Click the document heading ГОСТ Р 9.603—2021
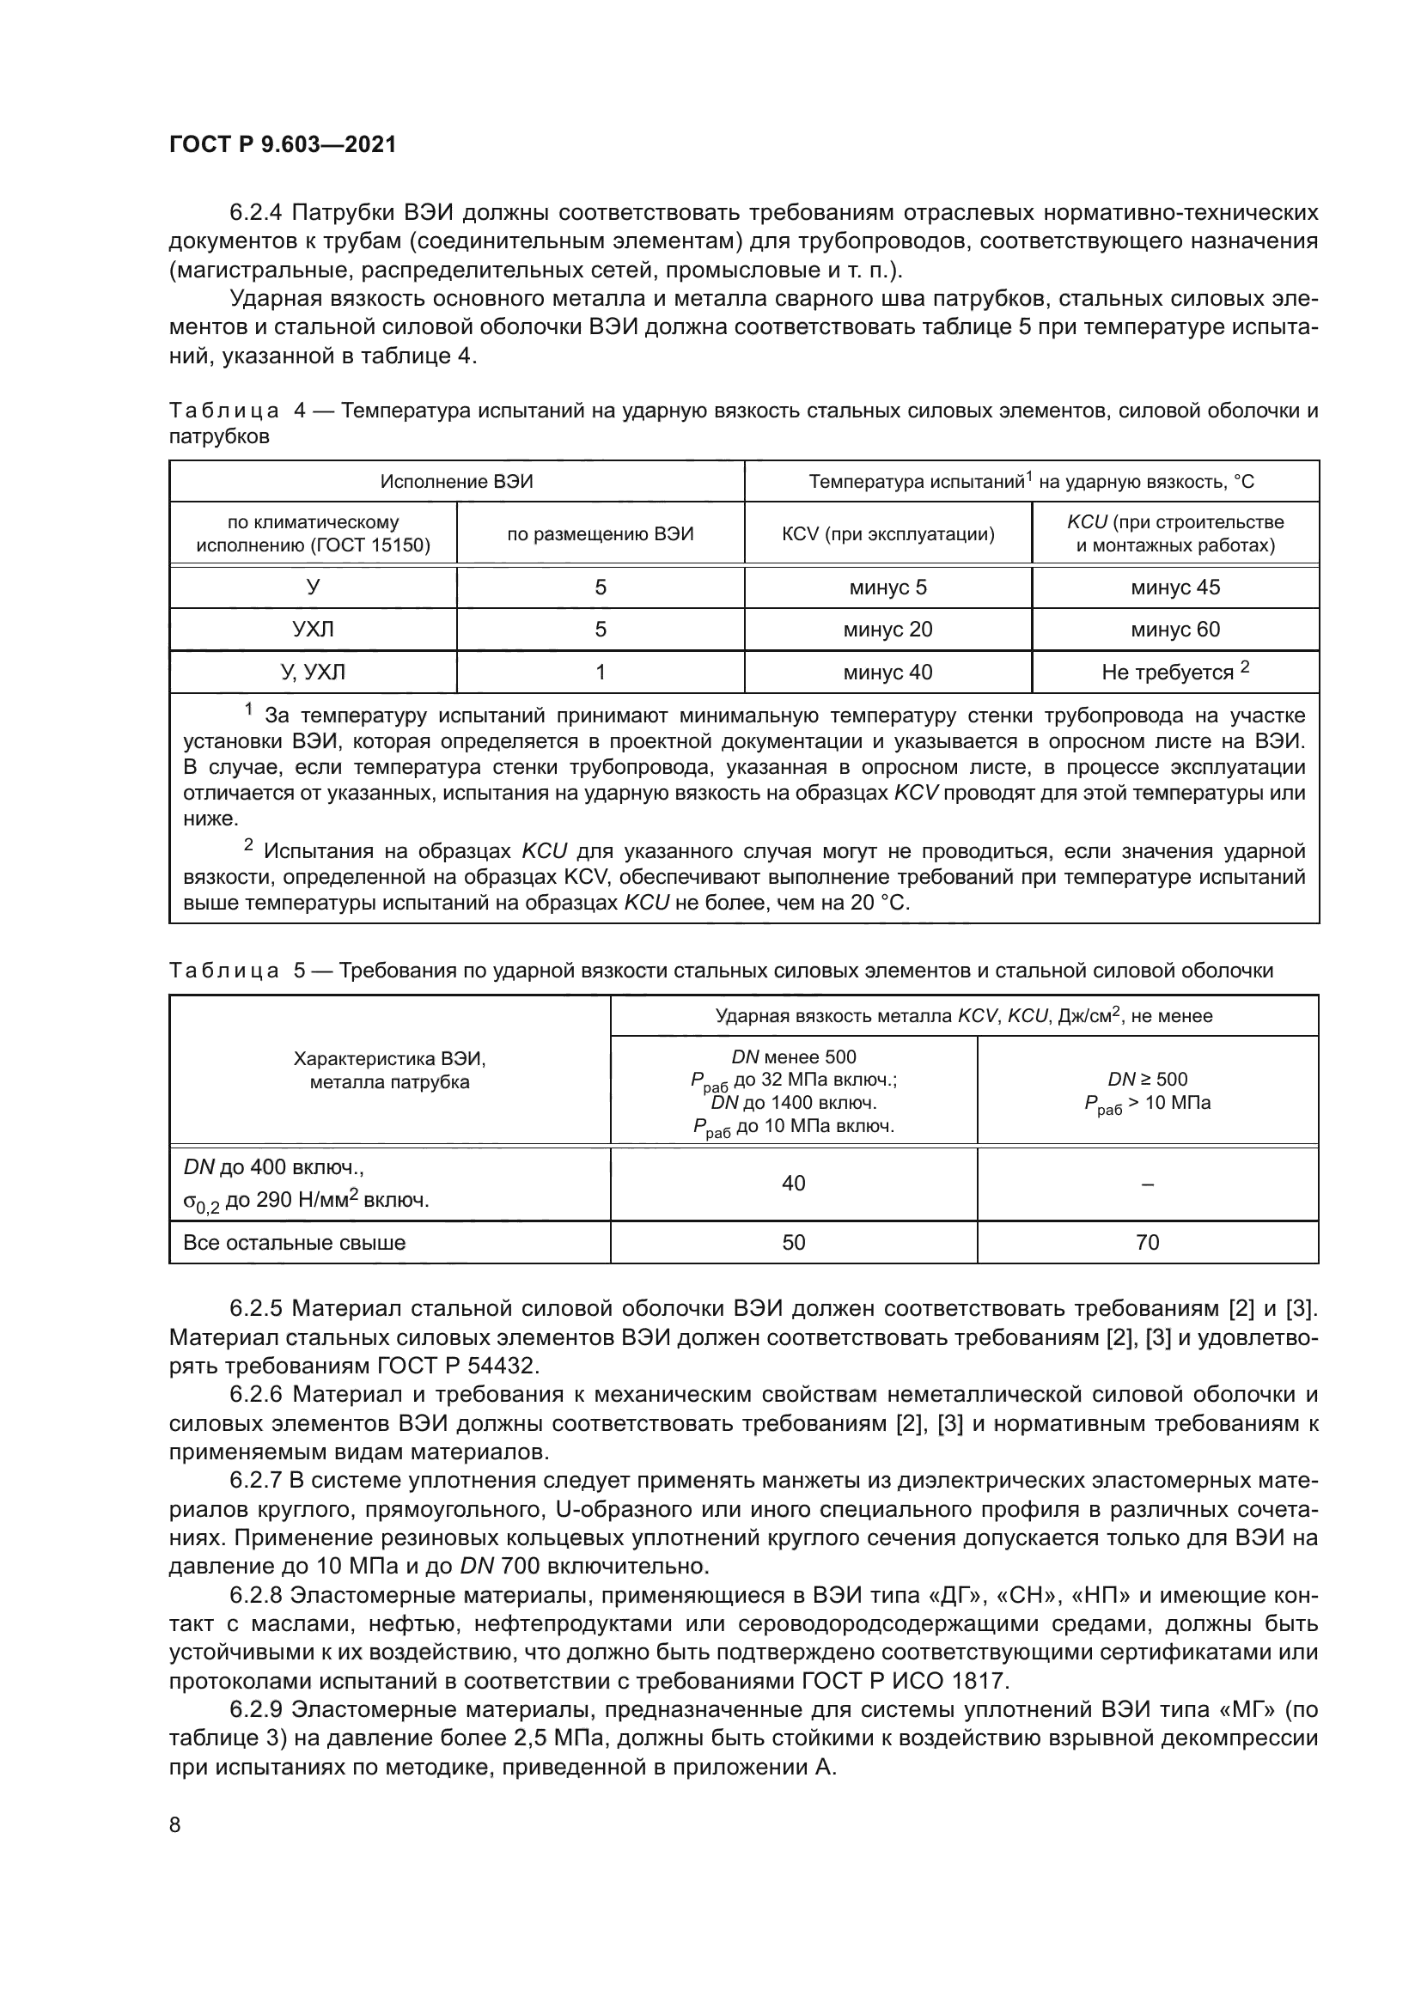point(283,144)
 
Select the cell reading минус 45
point(1174,587)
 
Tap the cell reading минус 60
point(1174,629)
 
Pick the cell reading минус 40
point(887,672)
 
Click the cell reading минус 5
point(887,587)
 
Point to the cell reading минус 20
point(887,629)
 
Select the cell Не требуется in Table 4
point(1168,672)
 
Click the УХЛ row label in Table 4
point(313,629)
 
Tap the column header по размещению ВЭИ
point(601,533)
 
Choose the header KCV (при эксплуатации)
point(887,533)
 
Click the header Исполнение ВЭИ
point(456,481)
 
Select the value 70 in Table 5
point(1146,1242)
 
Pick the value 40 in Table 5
point(793,1183)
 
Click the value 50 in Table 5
point(793,1242)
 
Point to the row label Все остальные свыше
point(294,1243)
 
